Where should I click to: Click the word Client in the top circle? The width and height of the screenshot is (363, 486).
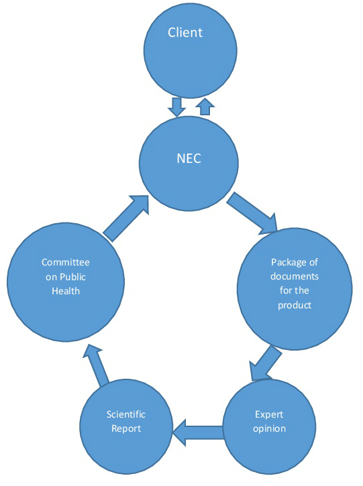pyautogui.click(x=185, y=33)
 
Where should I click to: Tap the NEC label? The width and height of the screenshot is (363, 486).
pyautogui.click(x=189, y=159)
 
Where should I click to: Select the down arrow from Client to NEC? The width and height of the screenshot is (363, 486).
pyautogui.click(x=177, y=107)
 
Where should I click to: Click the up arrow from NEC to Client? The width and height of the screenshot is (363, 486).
pyautogui.click(x=205, y=107)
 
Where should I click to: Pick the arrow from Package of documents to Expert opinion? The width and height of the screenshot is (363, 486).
pyautogui.click(x=264, y=364)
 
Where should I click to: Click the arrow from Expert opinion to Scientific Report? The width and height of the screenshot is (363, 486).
pyautogui.click(x=198, y=432)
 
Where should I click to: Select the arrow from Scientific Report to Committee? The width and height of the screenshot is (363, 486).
pyautogui.click(x=97, y=366)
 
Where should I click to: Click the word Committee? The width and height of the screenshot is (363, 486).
pyautogui.click(x=66, y=262)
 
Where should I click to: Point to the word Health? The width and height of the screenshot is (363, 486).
pyautogui.click(x=66, y=291)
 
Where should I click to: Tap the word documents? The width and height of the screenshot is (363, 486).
pyautogui.click(x=295, y=276)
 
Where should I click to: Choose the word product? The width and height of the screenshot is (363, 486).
pyautogui.click(x=295, y=306)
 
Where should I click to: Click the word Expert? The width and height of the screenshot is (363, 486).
pyautogui.click(x=269, y=415)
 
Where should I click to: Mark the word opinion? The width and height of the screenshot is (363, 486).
pyautogui.click(x=269, y=429)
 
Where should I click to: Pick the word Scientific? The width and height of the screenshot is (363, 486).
pyautogui.click(x=126, y=414)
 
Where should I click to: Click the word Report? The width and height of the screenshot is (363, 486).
pyautogui.click(x=126, y=429)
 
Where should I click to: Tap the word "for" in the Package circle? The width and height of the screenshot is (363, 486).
pyautogui.click(x=284, y=290)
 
